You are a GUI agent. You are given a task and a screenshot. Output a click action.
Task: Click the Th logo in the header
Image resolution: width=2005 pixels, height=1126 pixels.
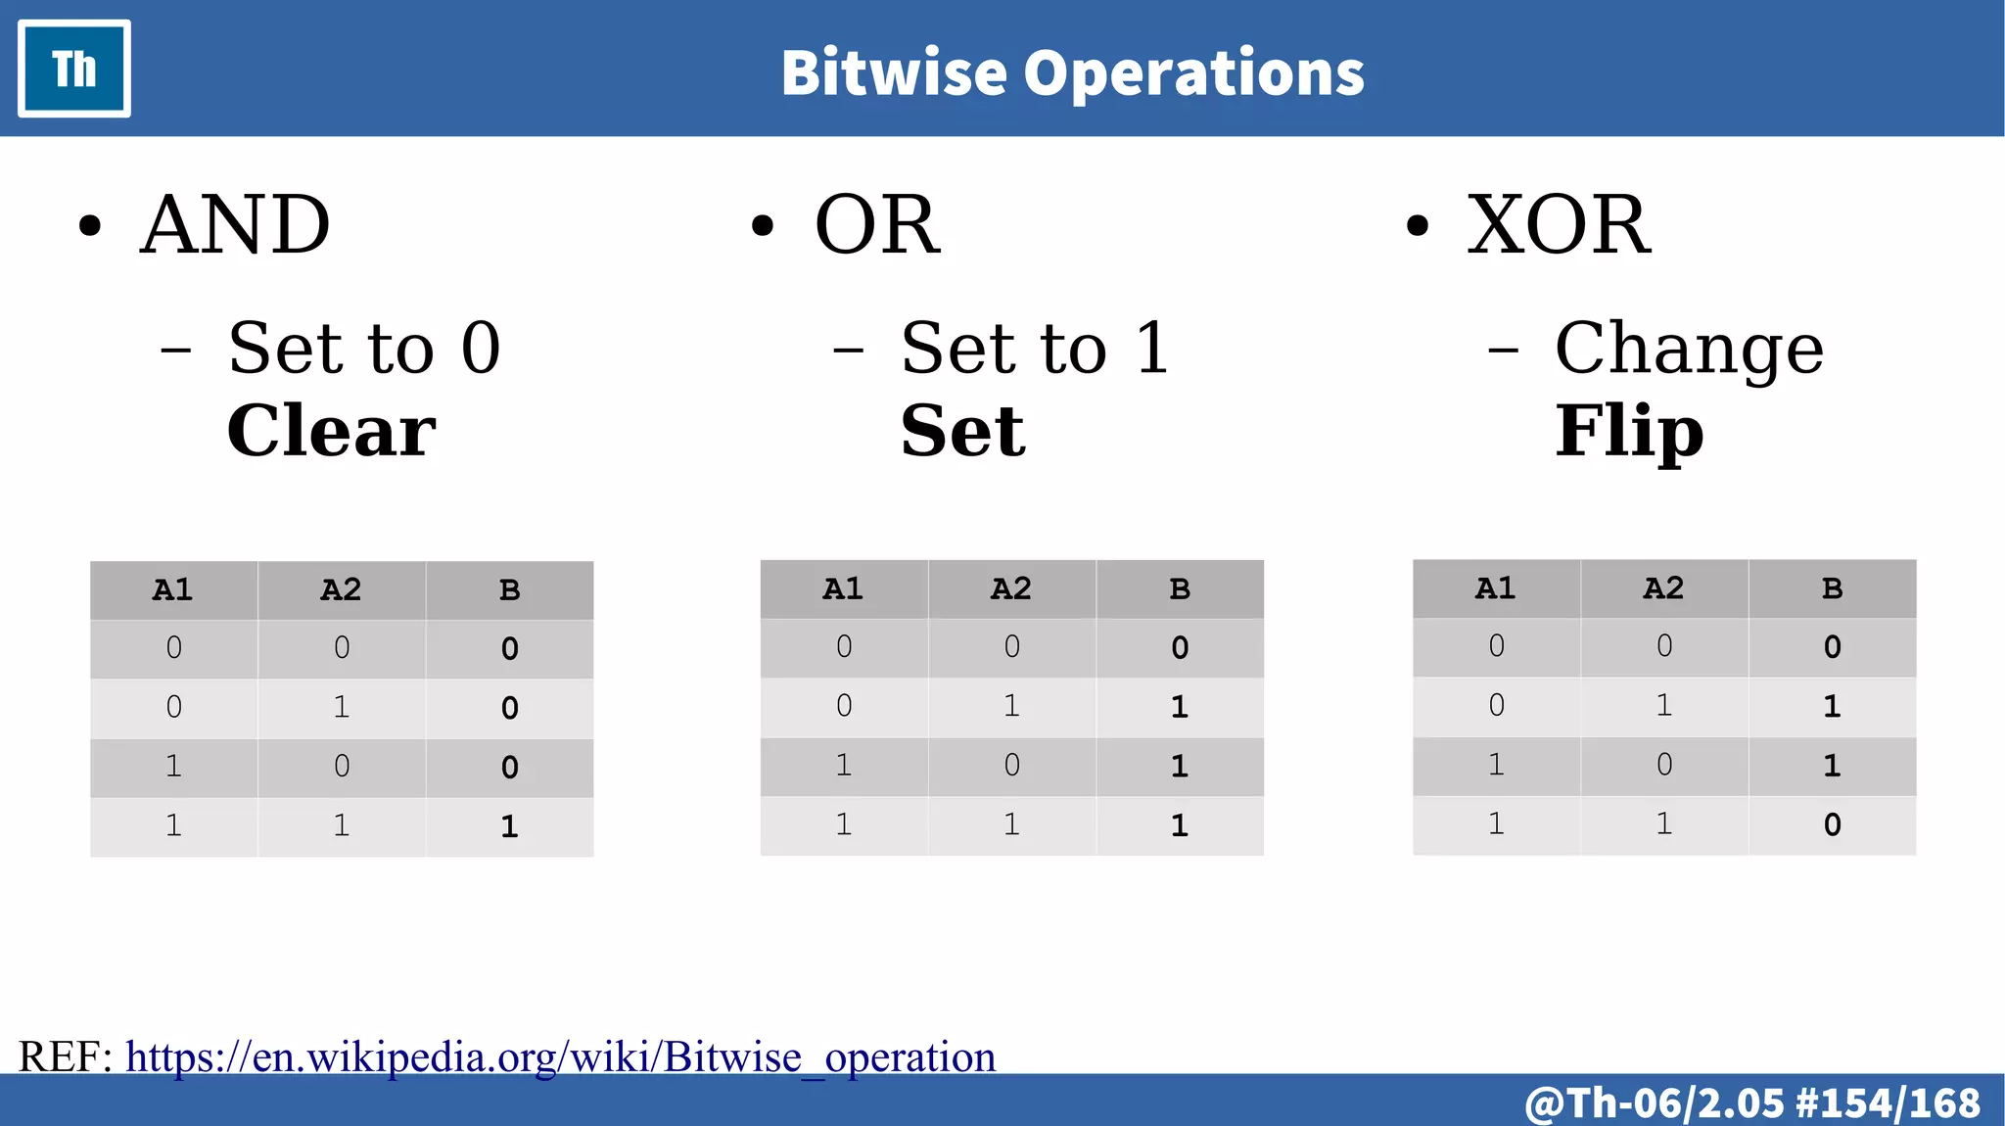coord(74,69)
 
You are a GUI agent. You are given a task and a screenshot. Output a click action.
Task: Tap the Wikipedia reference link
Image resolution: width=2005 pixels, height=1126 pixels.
coord(560,1057)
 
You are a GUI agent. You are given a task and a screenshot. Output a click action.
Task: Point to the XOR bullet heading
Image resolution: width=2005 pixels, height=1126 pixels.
coord(1558,225)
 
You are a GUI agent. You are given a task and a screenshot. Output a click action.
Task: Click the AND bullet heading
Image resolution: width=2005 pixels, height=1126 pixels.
coord(235,225)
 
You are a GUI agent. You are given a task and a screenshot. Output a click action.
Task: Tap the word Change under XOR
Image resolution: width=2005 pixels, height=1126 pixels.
coord(1689,350)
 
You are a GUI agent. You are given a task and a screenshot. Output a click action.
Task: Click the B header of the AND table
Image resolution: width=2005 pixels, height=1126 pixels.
coord(509,590)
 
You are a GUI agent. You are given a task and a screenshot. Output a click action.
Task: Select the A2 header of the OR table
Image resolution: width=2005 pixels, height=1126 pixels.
coord(1011,589)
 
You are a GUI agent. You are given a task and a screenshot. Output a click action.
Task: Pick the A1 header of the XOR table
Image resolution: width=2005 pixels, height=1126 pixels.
coord(1495,588)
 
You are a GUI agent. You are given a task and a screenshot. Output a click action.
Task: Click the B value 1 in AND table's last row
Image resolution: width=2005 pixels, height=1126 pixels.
coord(509,826)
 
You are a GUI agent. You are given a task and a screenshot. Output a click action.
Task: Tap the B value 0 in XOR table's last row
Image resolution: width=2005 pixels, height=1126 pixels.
coord(1832,824)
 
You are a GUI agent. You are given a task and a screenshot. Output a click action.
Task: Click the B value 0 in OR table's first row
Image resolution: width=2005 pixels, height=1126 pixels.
coord(1180,647)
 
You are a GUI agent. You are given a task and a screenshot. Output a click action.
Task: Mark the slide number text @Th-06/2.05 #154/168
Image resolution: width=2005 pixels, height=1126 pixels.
coord(1752,1103)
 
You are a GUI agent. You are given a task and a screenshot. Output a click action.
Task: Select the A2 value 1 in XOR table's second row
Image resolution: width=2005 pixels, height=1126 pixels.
coord(1663,705)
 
